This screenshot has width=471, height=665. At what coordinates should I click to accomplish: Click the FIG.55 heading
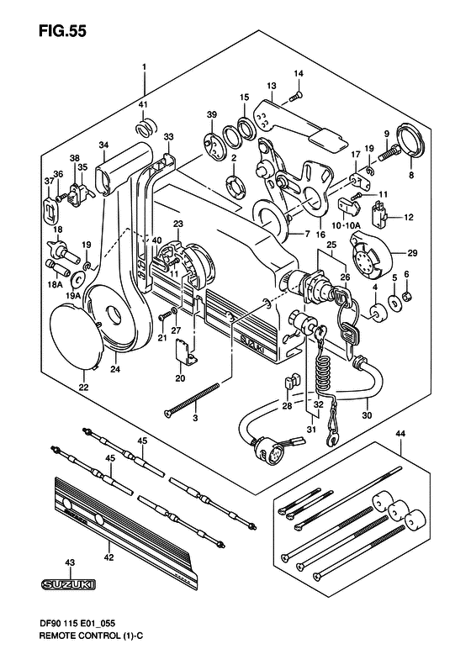point(62,31)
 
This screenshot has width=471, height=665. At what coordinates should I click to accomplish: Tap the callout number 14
point(299,73)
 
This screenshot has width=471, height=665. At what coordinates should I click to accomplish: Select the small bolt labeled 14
point(296,97)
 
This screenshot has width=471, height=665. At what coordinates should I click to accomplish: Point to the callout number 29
point(412,253)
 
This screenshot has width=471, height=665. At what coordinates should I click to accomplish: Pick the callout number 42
point(109,557)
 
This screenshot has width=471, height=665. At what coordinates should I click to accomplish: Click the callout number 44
point(400,434)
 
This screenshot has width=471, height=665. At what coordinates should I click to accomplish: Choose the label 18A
point(55,284)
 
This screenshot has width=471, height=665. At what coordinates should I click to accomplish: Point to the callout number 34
point(103,145)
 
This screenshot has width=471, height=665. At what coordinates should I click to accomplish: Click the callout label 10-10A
point(346,225)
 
